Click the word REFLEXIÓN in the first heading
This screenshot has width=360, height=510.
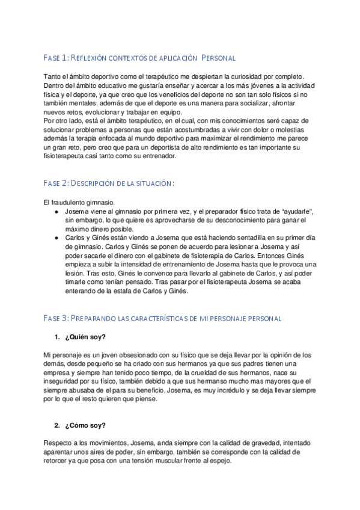coord(91,58)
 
